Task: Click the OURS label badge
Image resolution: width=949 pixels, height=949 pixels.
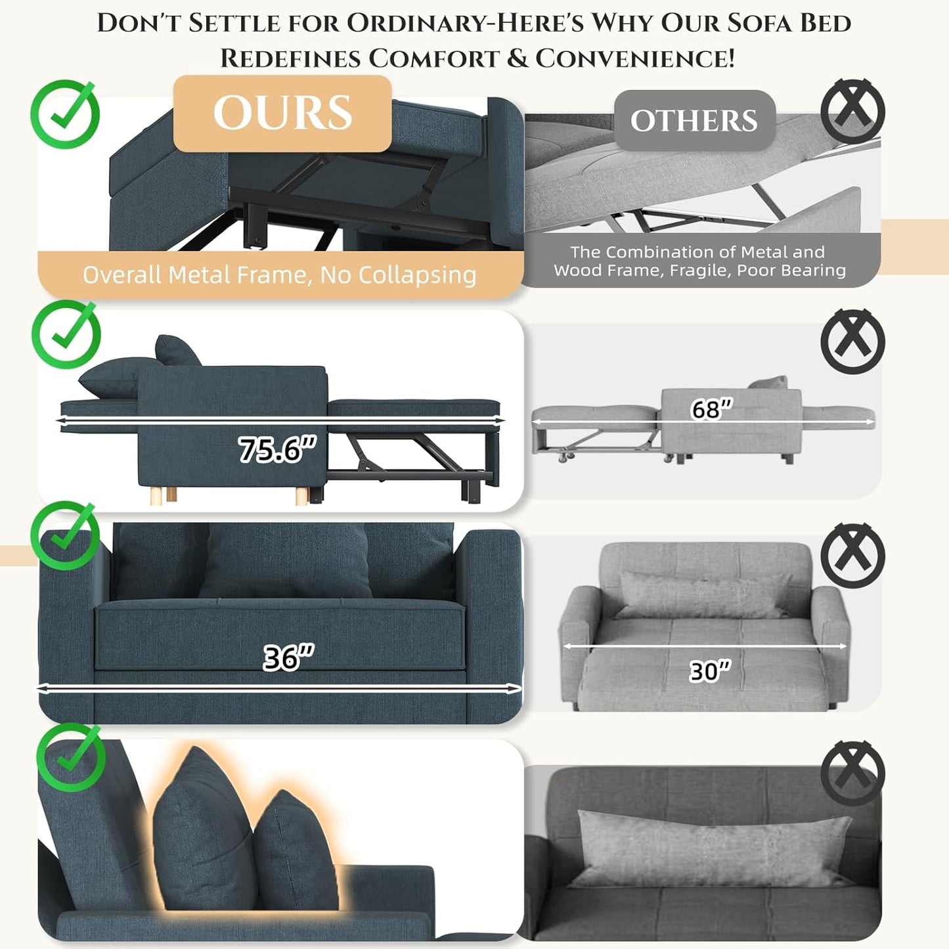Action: pyautogui.click(x=282, y=113)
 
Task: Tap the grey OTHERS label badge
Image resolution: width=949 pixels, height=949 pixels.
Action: pyautogui.click(x=694, y=120)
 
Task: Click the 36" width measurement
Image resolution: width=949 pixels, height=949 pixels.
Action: pyautogui.click(x=288, y=657)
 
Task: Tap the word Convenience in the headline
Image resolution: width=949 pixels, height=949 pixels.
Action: pyautogui.click(x=635, y=58)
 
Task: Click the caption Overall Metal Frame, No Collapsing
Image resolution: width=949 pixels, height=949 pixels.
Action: pyautogui.click(x=280, y=275)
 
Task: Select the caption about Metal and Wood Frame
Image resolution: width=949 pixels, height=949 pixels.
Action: pyautogui.click(x=699, y=261)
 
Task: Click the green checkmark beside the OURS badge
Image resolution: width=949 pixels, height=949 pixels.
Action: pyautogui.click(x=65, y=114)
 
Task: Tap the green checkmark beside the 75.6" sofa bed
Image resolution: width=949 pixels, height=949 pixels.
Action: pyautogui.click(x=66, y=334)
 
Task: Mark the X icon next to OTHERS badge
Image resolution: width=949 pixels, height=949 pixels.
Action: pyautogui.click(x=852, y=111)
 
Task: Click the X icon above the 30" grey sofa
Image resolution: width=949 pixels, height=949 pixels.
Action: pyautogui.click(x=852, y=556)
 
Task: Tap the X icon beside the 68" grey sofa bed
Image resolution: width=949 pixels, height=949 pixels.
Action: pyautogui.click(x=852, y=342)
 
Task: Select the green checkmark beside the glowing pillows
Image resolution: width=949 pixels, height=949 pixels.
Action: pyautogui.click(x=71, y=757)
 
